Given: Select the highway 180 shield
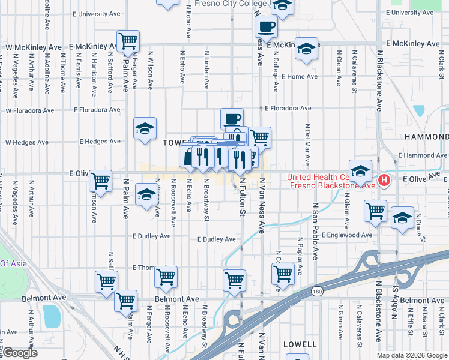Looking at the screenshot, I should [317, 292].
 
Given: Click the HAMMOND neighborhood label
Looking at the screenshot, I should [426, 137].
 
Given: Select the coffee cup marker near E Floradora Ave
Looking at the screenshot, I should [232, 118].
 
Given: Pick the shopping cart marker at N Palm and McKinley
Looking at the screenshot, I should [128, 41].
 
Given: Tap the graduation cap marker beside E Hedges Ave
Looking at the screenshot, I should [145, 128].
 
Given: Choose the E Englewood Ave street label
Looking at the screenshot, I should [348, 235].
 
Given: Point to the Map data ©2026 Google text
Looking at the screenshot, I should [411, 355].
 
